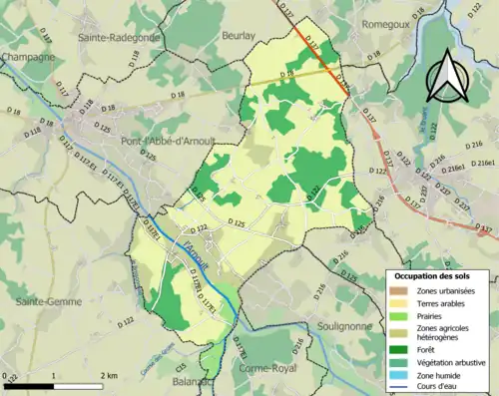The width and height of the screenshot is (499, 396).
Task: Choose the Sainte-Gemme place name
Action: pos(42,299)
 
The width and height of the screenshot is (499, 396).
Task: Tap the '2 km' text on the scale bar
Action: pos(111,375)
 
